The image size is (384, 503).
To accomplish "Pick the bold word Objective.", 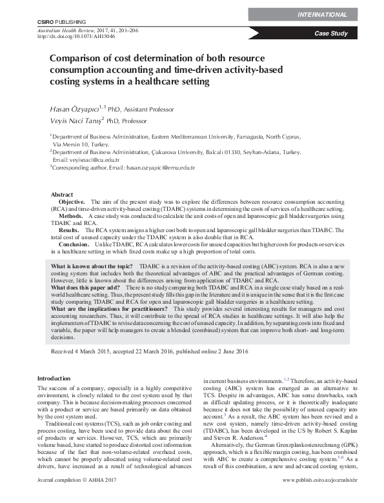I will click(x=72, y=202).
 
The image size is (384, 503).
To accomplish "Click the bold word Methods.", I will click(x=71, y=216).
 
